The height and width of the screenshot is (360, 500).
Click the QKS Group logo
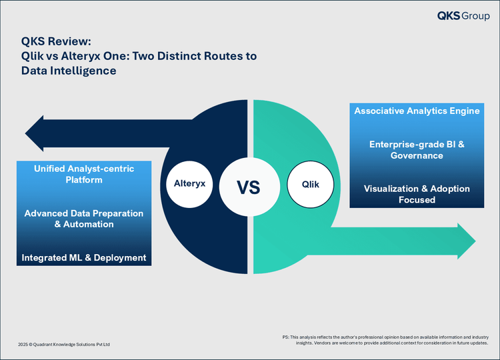tap(463, 15)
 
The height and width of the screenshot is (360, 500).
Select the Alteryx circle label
tap(189, 181)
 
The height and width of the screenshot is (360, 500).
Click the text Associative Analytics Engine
tap(417, 111)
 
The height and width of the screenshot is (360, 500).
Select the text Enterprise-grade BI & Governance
tap(417, 150)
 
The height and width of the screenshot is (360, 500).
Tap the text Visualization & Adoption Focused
tap(417, 194)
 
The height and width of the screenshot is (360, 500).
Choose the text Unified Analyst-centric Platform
tap(84, 175)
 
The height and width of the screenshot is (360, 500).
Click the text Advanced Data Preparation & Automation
tap(84, 219)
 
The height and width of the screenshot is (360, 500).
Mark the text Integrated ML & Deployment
tap(84, 257)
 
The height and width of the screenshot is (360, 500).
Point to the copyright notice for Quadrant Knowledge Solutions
tap(64, 344)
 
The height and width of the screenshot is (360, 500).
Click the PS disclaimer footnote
tap(386, 340)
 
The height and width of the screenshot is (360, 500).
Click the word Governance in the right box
tap(417, 155)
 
